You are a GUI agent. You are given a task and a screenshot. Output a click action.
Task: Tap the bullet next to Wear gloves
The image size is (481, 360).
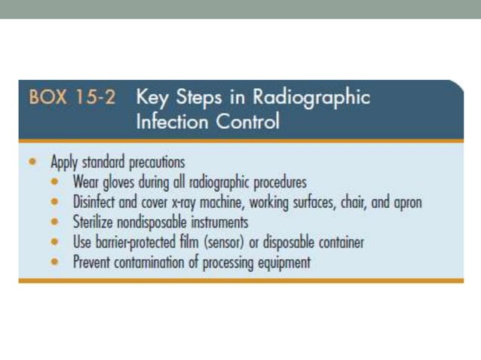(57, 182)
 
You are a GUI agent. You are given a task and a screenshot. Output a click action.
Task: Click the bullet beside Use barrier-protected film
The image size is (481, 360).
(57, 243)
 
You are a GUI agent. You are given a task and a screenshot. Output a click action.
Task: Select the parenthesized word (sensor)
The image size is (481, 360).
(253, 243)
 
